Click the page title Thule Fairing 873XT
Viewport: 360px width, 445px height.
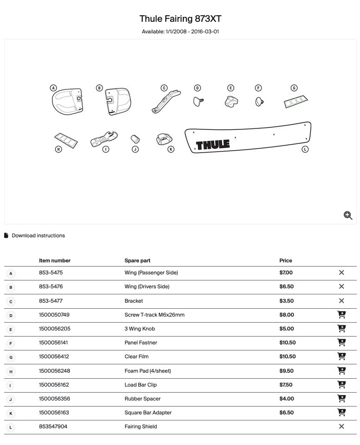(x=180, y=19)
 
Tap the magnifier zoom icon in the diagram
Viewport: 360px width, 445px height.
(x=348, y=215)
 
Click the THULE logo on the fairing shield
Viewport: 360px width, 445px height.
(x=212, y=145)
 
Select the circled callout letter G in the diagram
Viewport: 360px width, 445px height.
(x=294, y=88)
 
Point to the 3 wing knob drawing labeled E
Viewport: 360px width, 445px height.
(x=231, y=102)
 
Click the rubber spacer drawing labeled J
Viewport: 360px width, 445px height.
(x=135, y=139)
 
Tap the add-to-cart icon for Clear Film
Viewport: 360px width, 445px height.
(x=341, y=356)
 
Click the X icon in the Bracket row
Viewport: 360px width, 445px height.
(x=341, y=301)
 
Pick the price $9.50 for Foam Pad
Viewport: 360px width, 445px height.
(x=286, y=371)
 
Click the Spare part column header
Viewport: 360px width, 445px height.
(x=137, y=261)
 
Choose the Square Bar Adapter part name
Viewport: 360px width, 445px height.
(x=148, y=413)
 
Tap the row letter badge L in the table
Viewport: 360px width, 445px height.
(x=10, y=427)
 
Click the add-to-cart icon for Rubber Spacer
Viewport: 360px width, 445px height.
(x=341, y=399)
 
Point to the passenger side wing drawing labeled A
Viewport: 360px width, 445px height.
(x=68, y=101)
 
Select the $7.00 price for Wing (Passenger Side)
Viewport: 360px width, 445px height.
(x=286, y=273)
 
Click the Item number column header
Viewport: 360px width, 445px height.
(x=55, y=261)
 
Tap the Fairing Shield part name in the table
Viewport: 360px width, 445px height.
(x=141, y=426)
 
